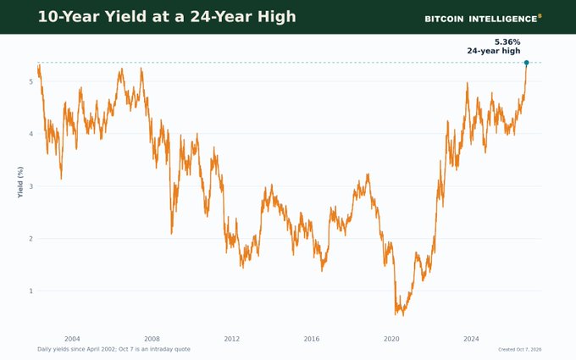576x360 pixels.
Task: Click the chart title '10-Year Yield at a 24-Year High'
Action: (x=167, y=17)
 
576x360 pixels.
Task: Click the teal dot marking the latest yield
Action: (x=526, y=63)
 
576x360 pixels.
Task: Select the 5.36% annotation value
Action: (x=507, y=42)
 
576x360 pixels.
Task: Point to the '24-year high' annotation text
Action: (x=494, y=51)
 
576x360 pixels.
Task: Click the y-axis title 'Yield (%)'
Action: (x=20, y=182)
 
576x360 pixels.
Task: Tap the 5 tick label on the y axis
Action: (x=30, y=81)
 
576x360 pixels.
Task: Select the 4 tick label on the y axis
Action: (x=30, y=134)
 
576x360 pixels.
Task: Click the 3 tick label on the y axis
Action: (x=30, y=186)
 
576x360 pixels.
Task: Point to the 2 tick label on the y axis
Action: (x=30, y=239)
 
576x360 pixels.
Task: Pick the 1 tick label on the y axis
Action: (x=30, y=291)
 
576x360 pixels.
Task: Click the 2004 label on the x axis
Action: (x=72, y=339)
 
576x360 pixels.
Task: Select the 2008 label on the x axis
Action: (x=152, y=339)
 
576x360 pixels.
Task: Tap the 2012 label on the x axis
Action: (x=232, y=339)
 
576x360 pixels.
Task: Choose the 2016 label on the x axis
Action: (x=312, y=339)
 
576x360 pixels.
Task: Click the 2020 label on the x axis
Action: (x=391, y=339)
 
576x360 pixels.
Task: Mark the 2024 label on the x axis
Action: (x=471, y=339)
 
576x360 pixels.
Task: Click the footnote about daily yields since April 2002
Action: (x=114, y=349)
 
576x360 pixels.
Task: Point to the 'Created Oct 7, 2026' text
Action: (x=520, y=349)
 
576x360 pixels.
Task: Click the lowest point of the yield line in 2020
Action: (x=403, y=316)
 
